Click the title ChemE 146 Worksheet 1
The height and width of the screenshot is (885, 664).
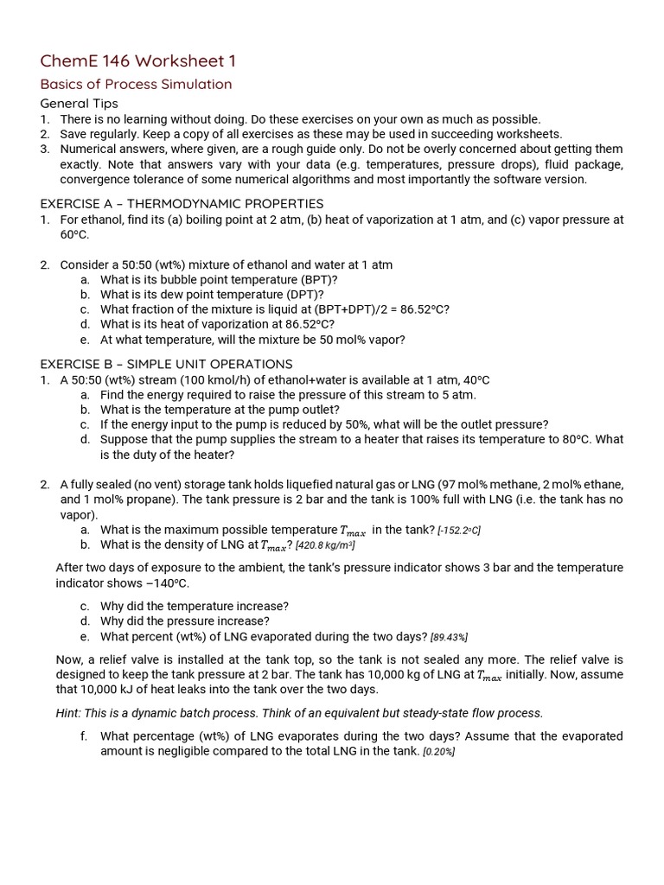[x=137, y=60]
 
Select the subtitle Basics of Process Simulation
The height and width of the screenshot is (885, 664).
[x=136, y=84]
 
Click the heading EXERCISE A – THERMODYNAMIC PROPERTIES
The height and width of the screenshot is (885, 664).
[x=182, y=204]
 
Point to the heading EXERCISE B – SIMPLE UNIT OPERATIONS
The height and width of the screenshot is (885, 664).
[x=166, y=364]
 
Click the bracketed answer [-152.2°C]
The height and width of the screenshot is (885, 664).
[x=458, y=530]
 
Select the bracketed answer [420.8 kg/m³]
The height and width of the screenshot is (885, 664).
[x=325, y=545]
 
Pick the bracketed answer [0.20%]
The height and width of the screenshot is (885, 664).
[x=438, y=752]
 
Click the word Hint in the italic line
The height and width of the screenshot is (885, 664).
[x=70, y=713]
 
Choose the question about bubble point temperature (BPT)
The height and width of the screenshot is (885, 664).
[x=219, y=279]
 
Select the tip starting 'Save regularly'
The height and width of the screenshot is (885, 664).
[x=310, y=134]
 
